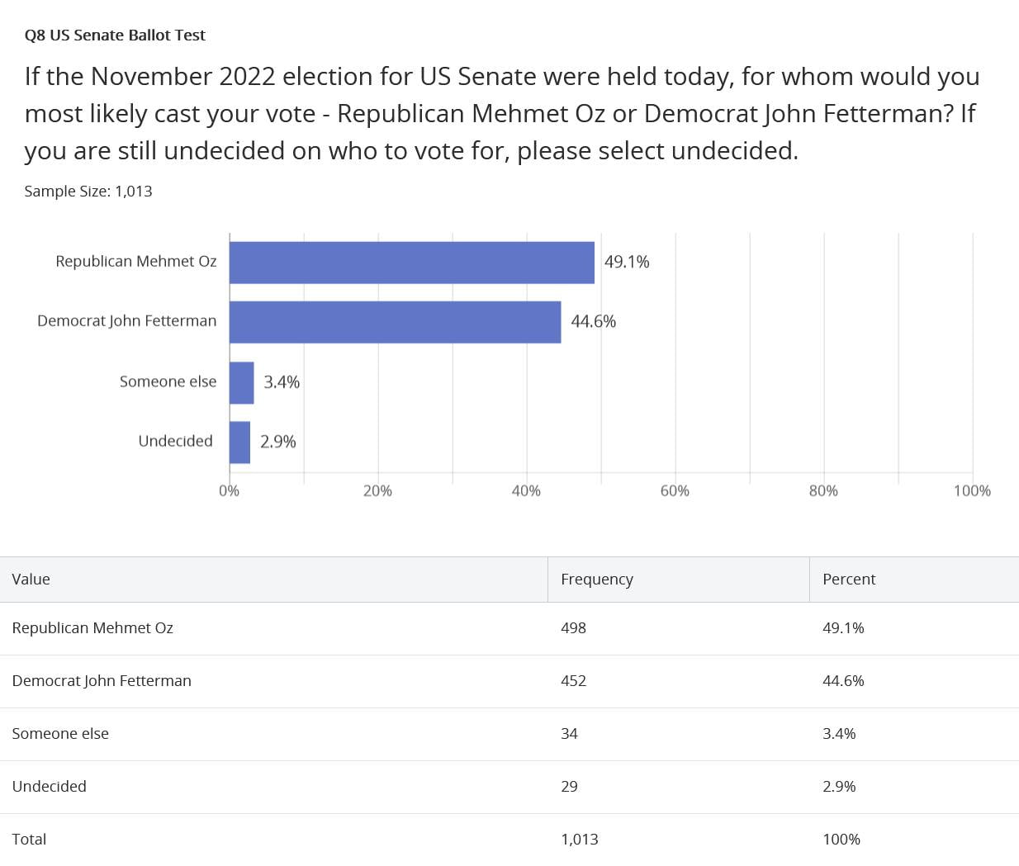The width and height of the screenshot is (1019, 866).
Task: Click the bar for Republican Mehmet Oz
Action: click(x=411, y=263)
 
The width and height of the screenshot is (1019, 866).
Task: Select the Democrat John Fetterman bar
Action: click(x=395, y=322)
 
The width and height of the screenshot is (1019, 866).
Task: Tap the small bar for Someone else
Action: click(x=241, y=382)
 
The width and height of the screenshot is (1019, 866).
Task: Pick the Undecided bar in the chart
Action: click(x=239, y=442)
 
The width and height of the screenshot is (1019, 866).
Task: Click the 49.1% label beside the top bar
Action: click(x=627, y=262)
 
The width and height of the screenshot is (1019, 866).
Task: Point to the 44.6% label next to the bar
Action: click(x=593, y=321)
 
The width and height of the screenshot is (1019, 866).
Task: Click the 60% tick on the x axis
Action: click(x=675, y=490)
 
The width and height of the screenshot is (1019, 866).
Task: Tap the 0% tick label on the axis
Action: click(x=229, y=490)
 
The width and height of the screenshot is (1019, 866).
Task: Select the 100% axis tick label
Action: click(x=971, y=490)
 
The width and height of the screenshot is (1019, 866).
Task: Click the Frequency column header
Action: click(x=596, y=580)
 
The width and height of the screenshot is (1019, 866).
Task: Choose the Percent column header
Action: click(x=848, y=580)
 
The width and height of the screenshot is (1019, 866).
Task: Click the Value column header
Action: click(x=31, y=580)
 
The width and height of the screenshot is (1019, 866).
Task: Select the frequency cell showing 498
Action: click(x=573, y=628)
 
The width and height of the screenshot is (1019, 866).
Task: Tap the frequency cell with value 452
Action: click(x=573, y=681)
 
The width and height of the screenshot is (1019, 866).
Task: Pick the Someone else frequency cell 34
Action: click(x=569, y=734)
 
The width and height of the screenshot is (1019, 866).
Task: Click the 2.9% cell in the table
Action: click(x=838, y=787)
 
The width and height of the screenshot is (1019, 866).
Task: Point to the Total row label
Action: click(x=29, y=840)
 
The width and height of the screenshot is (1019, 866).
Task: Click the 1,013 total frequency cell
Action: click(x=579, y=840)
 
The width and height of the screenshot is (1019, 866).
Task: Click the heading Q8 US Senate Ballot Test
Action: click(x=115, y=35)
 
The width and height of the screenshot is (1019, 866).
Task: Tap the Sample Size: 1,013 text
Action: click(x=88, y=192)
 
